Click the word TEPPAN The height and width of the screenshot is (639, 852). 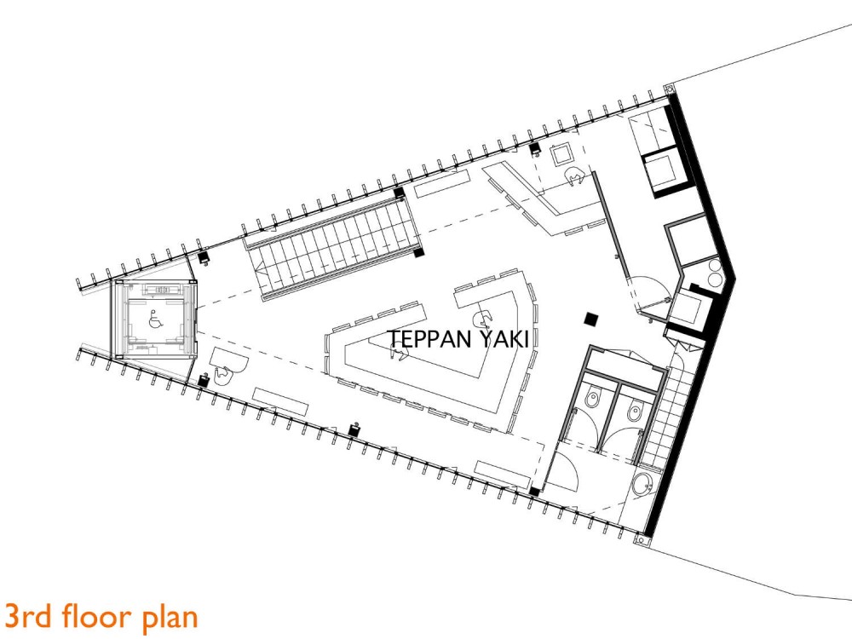429,339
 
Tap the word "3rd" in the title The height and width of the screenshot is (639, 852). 26,616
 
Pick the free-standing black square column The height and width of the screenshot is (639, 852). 591,319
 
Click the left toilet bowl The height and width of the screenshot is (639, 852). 592,399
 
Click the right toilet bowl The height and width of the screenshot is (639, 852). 634,412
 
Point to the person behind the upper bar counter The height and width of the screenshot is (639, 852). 575,176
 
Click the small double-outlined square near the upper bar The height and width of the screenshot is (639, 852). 561,154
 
